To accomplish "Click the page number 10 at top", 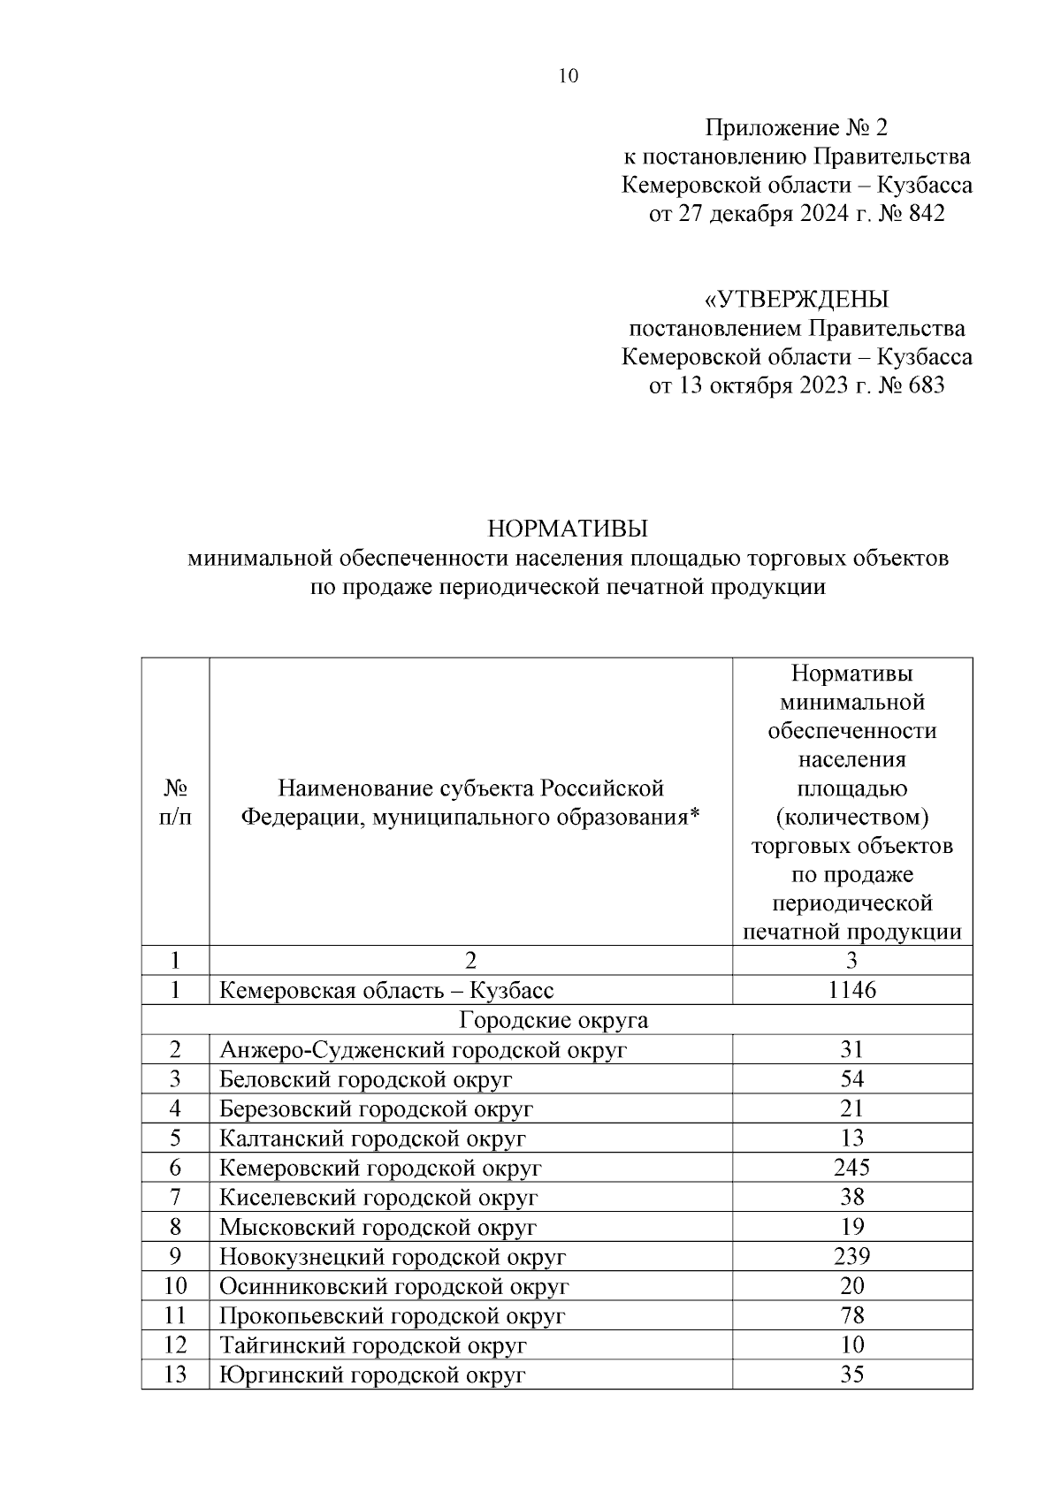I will pyautogui.click(x=569, y=76).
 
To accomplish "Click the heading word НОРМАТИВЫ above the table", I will pyautogui.click(x=568, y=529).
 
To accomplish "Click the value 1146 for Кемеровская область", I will pyautogui.click(x=851, y=990).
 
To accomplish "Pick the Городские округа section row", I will pyautogui.click(x=553, y=1020).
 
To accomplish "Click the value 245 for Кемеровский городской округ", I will pyautogui.click(x=851, y=1168).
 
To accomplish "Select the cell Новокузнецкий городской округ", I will pyautogui.click(x=393, y=1257).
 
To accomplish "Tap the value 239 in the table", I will pyautogui.click(x=851, y=1256).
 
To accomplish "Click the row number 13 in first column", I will pyautogui.click(x=175, y=1375).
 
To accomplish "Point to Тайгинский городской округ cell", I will pyautogui.click(x=373, y=1345).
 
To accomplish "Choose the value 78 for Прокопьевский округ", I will pyautogui.click(x=851, y=1315).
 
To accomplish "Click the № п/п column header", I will pyautogui.click(x=175, y=803).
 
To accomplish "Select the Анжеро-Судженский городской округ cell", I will pyautogui.click(x=423, y=1050).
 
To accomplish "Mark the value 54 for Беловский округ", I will pyautogui.click(x=851, y=1079).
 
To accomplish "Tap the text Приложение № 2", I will pyautogui.click(x=795, y=128).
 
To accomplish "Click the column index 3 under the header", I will pyautogui.click(x=851, y=961).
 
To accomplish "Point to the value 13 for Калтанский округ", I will pyautogui.click(x=851, y=1138).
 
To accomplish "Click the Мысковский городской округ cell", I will pyautogui.click(x=378, y=1227).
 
